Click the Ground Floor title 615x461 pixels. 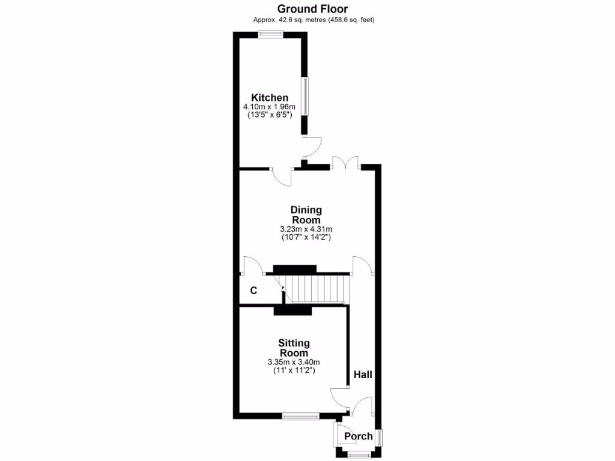coord(312,8)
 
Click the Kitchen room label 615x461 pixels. coord(270,98)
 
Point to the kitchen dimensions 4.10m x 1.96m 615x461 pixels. coord(270,107)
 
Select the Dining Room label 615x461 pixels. coord(306,215)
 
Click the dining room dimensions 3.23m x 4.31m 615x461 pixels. coord(306,229)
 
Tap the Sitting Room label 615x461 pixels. coord(294,348)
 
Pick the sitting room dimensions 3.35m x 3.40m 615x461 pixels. coord(294,362)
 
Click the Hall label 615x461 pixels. coord(363,375)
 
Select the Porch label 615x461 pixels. coord(358,436)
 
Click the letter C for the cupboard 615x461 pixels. coord(253,291)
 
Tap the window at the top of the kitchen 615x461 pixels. coord(271,34)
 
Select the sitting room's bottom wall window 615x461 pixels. coord(301,415)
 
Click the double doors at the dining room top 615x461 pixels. coord(345,163)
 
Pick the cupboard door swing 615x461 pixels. coord(250,265)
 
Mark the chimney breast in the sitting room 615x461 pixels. coord(293,311)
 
